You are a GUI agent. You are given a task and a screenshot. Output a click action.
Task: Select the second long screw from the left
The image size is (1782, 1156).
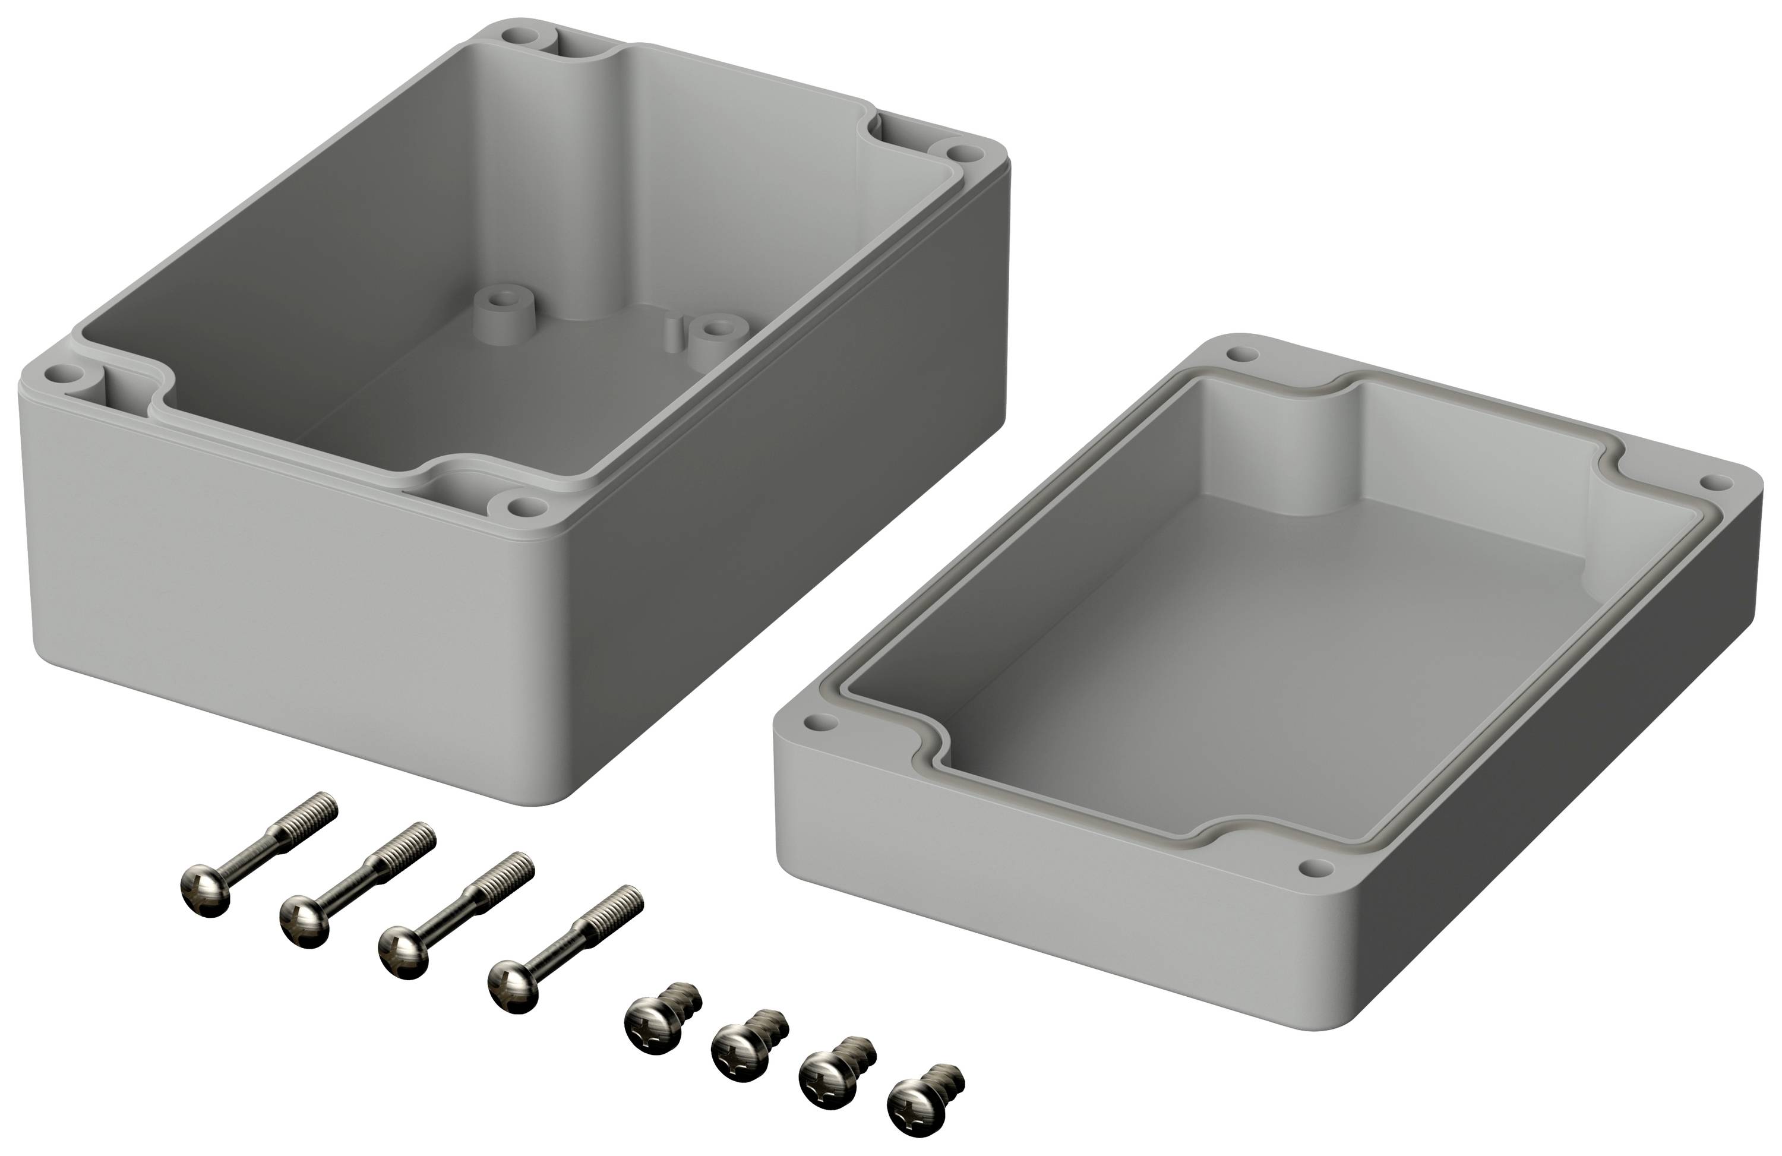(352, 883)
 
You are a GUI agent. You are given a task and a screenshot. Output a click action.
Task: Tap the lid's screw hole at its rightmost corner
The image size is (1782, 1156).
(1718, 481)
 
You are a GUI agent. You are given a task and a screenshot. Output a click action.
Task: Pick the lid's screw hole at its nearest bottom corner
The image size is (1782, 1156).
(1316, 867)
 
